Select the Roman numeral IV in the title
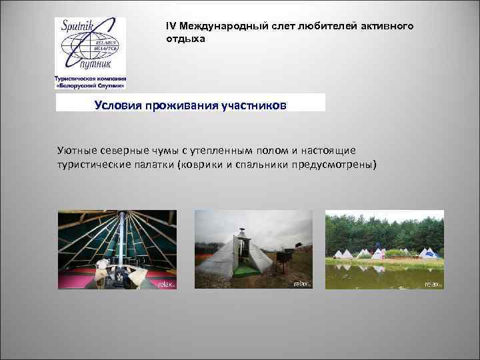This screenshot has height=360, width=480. (171, 26)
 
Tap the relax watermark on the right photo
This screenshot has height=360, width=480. (433, 284)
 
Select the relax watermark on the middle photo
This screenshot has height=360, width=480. (302, 284)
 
